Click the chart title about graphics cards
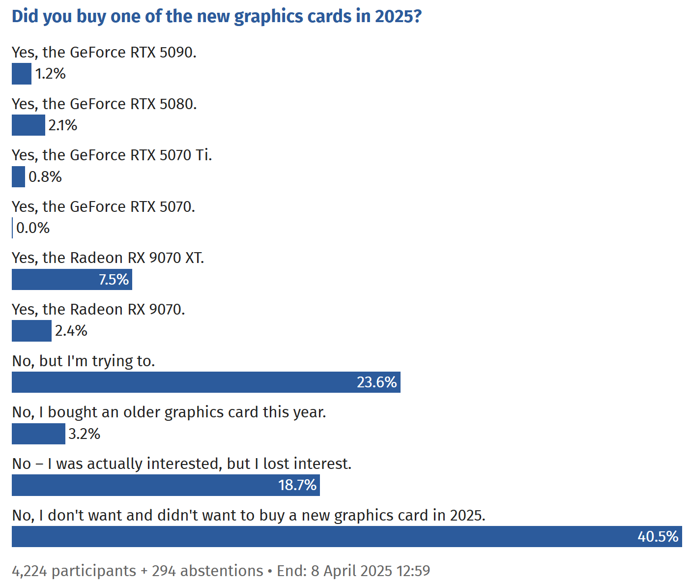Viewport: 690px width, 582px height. pyautogui.click(x=217, y=16)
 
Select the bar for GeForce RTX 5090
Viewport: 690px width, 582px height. pyautogui.click(x=22, y=74)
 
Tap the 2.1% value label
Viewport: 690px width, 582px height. pyautogui.click(x=63, y=125)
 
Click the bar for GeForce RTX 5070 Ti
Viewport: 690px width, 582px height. pyautogui.click(x=18, y=176)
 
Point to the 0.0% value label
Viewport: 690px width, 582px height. pyautogui.click(x=33, y=228)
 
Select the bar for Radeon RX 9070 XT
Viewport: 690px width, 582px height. pyautogui.click(x=54, y=279)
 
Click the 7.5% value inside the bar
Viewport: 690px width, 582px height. pyautogui.click(x=114, y=279)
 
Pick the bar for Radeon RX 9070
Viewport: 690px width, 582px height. pyautogui.click(x=31, y=331)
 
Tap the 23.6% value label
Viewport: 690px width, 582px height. pyautogui.click(x=376, y=382)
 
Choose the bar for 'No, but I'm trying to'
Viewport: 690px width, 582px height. pyautogui.click(x=182, y=382)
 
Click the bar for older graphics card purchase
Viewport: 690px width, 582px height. pyautogui.click(x=38, y=434)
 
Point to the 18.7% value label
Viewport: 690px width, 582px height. pyautogui.click(x=297, y=485)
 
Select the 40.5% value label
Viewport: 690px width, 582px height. pyautogui.click(x=658, y=536)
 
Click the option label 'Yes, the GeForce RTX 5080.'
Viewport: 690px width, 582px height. pyautogui.click(x=104, y=104)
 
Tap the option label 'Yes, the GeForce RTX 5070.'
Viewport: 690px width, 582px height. pyautogui.click(x=103, y=206)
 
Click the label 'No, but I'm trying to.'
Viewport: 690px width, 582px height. pyautogui.click(x=84, y=361)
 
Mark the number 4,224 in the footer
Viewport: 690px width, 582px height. pyautogui.click(x=29, y=571)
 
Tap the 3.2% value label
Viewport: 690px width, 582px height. pyautogui.click(x=85, y=434)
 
